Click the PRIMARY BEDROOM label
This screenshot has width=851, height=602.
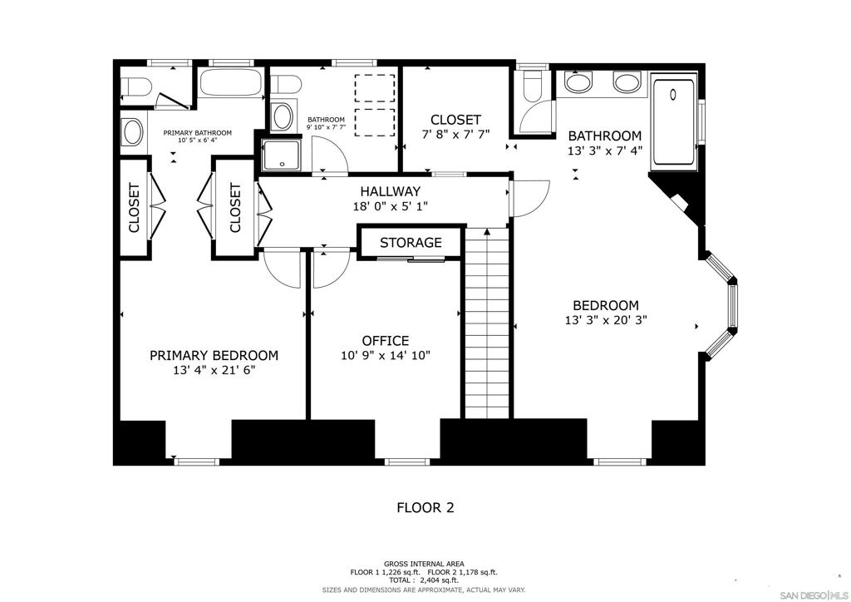coord(214,355)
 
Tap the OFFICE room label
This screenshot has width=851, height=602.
coord(385,340)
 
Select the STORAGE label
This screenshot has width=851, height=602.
coord(411,243)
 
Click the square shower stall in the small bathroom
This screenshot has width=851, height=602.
coord(282,154)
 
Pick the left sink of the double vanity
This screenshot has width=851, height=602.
coord(578,81)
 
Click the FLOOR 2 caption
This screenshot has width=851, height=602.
coord(425,507)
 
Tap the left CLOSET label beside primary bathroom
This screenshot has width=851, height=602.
coord(134,207)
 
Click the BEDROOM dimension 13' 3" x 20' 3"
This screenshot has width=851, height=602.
coord(605,319)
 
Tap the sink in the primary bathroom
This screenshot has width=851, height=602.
coord(131,131)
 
